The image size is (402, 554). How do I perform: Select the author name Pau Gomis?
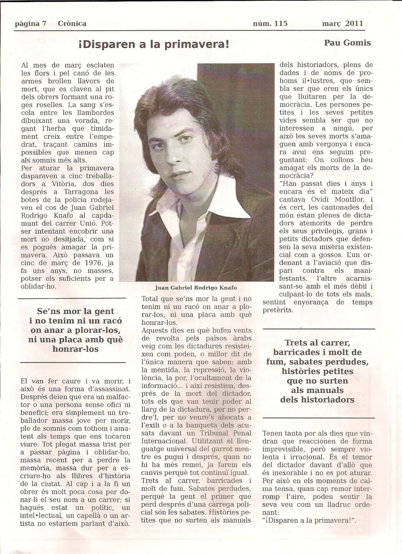(x=347, y=43)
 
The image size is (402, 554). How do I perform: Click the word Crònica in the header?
(x=73, y=24)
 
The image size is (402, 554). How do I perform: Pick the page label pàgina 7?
(x=31, y=24)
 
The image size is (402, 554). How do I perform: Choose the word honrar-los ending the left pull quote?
(x=76, y=349)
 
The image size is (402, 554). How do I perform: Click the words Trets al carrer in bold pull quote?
(x=318, y=343)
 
